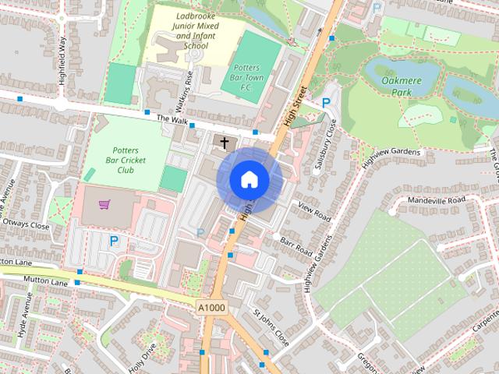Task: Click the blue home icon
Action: click(249, 180)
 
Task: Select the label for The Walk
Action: click(172, 119)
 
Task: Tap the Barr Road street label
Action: click(296, 247)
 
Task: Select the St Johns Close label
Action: click(271, 328)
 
